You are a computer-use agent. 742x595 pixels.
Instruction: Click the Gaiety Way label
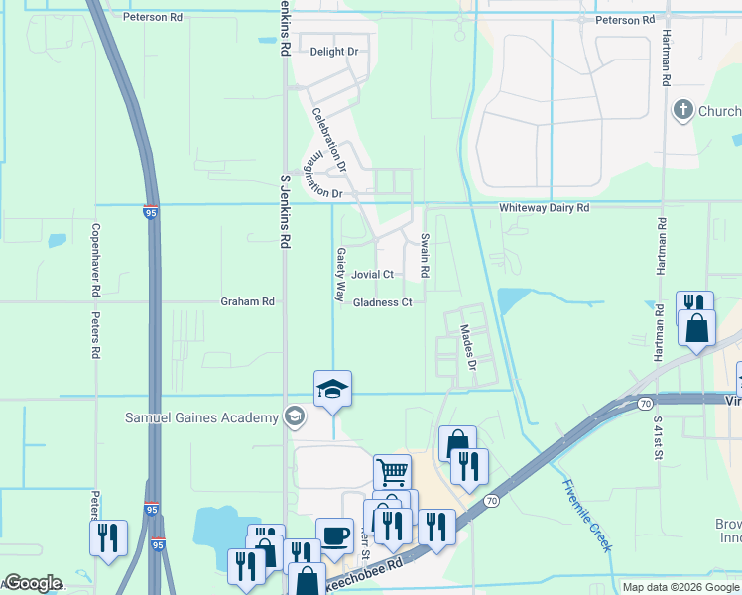coord(340,275)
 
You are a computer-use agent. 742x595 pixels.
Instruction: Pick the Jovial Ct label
coord(373,275)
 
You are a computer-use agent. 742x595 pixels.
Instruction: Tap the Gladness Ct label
coord(382,302)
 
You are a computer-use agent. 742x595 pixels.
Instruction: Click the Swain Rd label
coord(425,256)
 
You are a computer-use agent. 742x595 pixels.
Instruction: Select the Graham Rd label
coord(247,301)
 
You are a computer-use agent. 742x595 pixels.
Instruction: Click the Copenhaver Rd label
coord(96,268)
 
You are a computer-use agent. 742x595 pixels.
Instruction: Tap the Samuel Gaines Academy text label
coord(201,417)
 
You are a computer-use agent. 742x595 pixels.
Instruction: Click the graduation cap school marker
coord(333,389)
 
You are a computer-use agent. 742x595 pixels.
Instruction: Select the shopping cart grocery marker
coord(393,472)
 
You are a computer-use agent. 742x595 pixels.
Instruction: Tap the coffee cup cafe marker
coord(334,535)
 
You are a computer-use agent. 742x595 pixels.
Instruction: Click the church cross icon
coord(682,110)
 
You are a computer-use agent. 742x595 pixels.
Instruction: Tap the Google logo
coord(32,583)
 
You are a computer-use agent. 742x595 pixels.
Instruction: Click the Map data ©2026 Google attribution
coord(680,587)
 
